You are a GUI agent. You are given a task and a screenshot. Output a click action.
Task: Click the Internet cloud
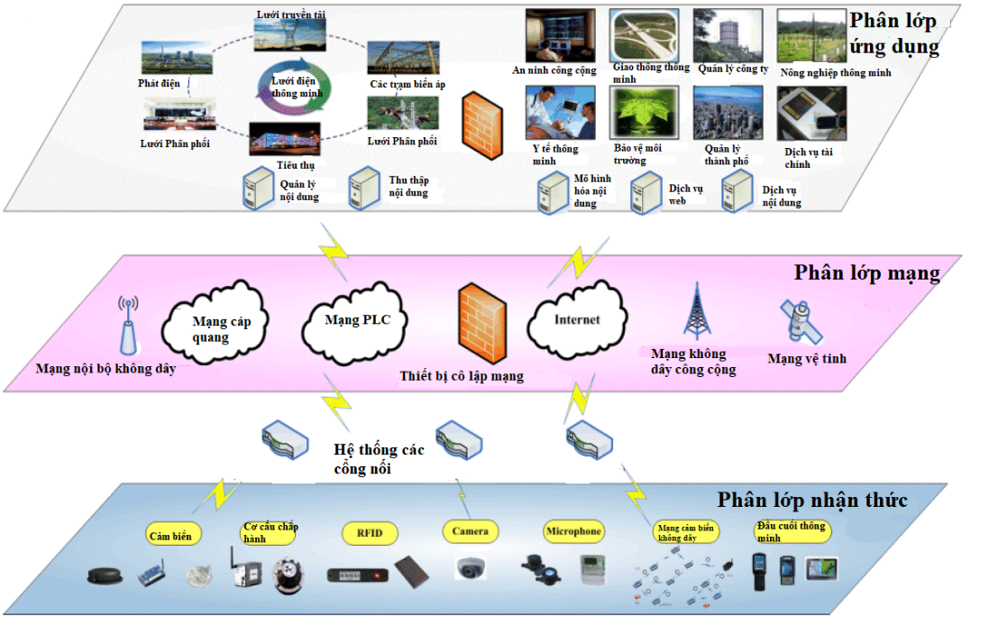pyautogui.click(x=576, y=320)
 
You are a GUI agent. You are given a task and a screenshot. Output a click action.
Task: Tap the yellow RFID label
pyautogui.click(x=370, y=533)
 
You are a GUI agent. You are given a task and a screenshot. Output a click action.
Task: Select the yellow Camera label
pyautogui.click(x=470, y=531)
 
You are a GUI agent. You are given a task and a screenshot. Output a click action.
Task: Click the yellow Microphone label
pyautogui.click(x=573, y=531)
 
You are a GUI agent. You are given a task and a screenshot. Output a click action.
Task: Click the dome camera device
pyautogui.click(x=472, y=567)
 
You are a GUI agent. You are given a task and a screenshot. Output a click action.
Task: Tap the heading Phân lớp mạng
pyautogui.click(x=866, y=272)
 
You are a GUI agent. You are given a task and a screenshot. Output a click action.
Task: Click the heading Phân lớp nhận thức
pyautogui.click(x=811, y=500)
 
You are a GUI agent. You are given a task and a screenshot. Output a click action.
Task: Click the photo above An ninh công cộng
pyautogui.click(x=560, y=35)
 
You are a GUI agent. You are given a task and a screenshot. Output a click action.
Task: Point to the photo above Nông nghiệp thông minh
pyautogui.click(x=811, y=36)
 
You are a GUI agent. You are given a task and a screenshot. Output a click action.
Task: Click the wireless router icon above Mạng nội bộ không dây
pyautogui.click(x=128, y=329)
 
